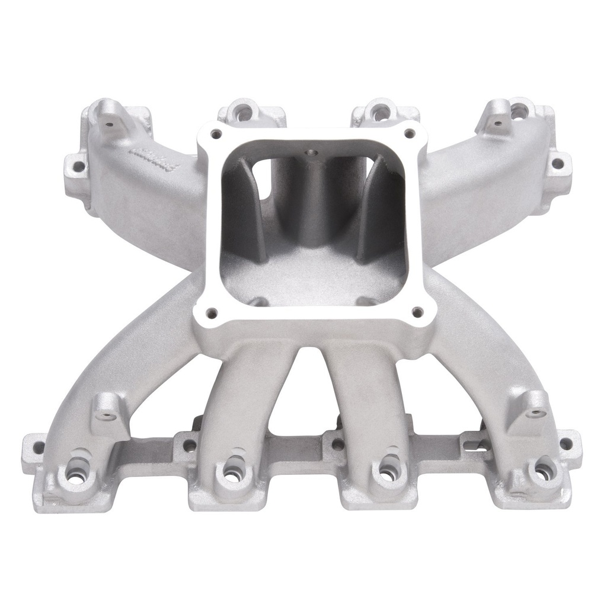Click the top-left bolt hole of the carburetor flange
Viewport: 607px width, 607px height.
click(x=216, y=134)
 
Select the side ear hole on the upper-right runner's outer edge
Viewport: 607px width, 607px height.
click(x=557, y=163)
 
